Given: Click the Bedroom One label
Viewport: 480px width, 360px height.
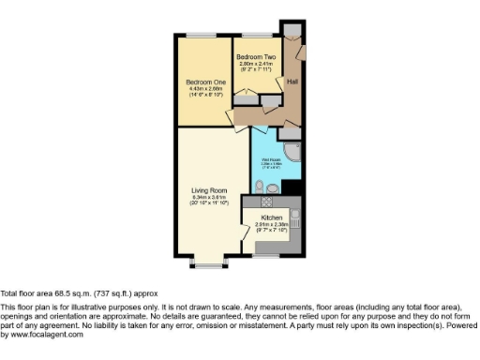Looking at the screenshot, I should point(202,82).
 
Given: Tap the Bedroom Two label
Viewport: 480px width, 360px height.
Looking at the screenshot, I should point(254,57).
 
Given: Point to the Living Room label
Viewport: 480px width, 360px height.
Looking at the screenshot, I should point(203,190).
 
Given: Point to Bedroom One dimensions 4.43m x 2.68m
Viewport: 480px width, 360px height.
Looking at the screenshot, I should point(202,88).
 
